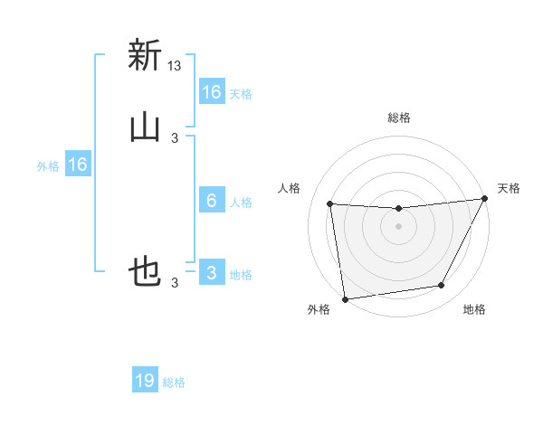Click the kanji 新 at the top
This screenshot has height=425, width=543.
pos(145,56)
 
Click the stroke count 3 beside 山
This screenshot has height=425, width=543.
pos(175,137)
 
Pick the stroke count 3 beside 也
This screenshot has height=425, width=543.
pos(175,282)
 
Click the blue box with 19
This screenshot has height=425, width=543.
pos(145,382)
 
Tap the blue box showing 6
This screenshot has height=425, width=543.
pos(211,201)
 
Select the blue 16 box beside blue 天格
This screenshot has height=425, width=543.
pos(211,92)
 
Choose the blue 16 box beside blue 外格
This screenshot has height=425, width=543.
pos(78,165)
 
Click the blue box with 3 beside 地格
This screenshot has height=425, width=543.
pos(211,273)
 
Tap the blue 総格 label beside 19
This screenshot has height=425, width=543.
pos(174,382)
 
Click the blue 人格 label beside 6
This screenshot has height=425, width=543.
pos(241,202)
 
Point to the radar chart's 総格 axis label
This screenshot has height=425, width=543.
pos(398,118)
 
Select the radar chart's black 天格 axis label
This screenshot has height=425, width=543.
pos(509,188)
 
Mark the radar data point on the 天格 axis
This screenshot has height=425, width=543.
pos(485,199)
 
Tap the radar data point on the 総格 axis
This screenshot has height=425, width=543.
pos(398,209)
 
